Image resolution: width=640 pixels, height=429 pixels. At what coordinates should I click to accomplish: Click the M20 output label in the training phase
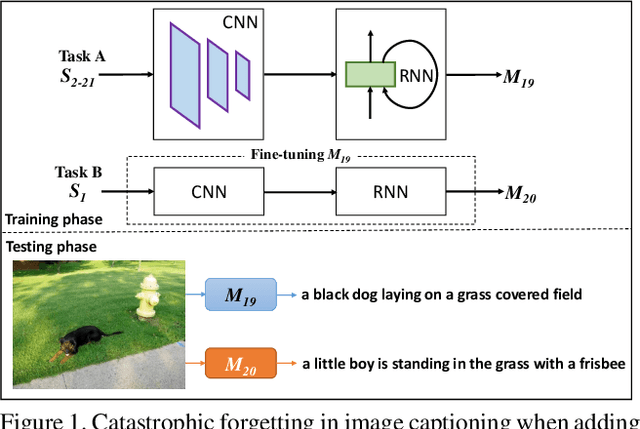coord(519,195)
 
